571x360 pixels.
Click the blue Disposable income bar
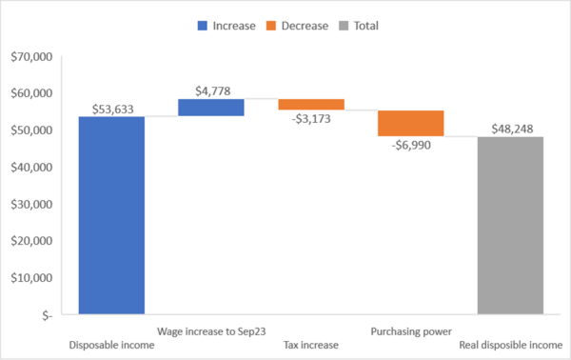pos(111,215)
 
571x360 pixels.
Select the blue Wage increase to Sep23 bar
pos(210,108)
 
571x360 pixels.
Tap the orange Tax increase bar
pos(311,104)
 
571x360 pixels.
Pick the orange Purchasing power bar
pos(410,124)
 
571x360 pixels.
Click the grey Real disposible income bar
pos(510,225)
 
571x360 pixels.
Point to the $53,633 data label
pos(111,109)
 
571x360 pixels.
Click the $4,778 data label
pos(210,90)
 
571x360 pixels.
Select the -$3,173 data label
pos(311,119)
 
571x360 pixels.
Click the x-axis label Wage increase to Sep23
pos(210,331)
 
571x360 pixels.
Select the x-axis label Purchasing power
pos(410,331)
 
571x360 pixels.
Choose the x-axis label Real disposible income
pos(510,345)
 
